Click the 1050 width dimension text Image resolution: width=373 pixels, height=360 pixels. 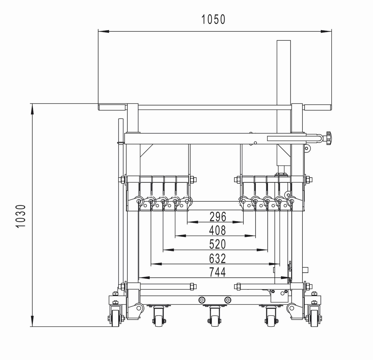[x=213, y=20]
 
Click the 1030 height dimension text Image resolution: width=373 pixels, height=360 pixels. [x=21, y=216]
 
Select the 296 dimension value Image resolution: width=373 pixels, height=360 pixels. [x=218, y=217]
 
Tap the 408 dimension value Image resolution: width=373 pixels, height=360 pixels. [x=218, y=231]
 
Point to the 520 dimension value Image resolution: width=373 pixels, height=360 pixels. [x=218, y=244]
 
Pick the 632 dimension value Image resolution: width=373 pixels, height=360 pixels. [x=218, y=258]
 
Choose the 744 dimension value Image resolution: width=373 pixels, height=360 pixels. [x=217, y=272]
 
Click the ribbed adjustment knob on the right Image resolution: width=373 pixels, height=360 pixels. [x=328, y=138]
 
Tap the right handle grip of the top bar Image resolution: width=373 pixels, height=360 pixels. [x=318, y=107]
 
